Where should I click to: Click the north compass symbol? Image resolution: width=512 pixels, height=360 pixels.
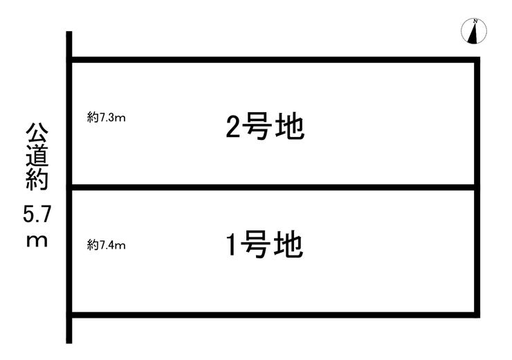(474, 31)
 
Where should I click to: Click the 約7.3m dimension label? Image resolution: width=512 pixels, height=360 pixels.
(107, 118)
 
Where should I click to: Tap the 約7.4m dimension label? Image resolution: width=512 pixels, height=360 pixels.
(107, 244)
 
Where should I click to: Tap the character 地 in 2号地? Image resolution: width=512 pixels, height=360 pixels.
(291, 127)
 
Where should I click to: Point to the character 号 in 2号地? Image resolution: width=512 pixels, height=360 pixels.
(261, 127)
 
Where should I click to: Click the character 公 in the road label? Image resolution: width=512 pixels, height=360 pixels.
(36, 133)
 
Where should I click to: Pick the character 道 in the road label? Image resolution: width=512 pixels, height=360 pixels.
(36, 157)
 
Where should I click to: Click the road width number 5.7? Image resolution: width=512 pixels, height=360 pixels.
(36, 214)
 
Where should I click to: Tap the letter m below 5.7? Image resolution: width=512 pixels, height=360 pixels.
(36, 242)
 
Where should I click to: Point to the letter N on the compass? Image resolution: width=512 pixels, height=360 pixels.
(475, 22)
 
